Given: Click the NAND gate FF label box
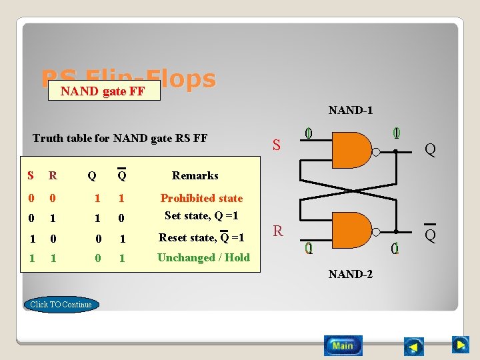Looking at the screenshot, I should point(103,91).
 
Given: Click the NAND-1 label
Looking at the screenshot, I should point(350,111).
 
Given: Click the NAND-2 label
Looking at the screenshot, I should point(350,274).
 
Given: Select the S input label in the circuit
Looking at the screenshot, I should point(277,145).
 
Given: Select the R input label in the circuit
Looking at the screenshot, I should point(278,231).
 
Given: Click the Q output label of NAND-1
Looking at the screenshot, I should point(431,150).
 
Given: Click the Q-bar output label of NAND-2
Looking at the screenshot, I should point(431,235).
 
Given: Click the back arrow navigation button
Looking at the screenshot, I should point(414,347).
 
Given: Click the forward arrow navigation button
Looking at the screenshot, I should point(461,345).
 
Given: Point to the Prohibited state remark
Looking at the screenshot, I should point(201,198).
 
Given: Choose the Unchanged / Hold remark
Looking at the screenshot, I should point(203,257).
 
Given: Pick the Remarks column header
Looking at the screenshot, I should point(195,175).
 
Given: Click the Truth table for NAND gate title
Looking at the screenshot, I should point(120,139).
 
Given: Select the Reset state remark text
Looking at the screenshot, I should point(201,237).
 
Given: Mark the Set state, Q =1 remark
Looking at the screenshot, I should point(201,216).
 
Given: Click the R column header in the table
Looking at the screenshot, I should point(53,176).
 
